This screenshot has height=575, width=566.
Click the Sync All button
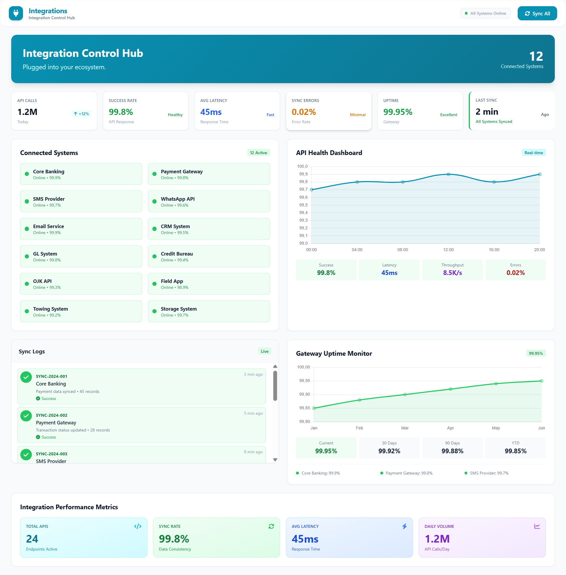537,13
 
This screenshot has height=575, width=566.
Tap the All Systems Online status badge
485,13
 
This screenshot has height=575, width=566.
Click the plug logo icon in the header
16,13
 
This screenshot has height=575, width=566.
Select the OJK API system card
80,284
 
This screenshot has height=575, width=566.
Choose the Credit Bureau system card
209,256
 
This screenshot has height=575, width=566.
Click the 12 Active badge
258,153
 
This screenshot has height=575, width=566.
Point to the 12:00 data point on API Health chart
448,174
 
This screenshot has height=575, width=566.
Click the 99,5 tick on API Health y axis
303,205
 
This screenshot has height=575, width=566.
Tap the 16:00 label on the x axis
494,250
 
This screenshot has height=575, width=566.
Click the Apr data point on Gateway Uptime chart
450,389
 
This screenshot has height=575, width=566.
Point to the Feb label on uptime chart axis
359,428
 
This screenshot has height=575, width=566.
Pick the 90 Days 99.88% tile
452,448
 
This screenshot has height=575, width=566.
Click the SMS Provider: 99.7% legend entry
489,473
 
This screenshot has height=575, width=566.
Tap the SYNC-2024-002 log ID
51,415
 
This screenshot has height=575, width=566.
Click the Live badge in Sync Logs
264,351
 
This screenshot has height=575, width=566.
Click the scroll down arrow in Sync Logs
275,460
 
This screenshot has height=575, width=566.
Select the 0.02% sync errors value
304,112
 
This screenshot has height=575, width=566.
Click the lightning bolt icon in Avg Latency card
404,526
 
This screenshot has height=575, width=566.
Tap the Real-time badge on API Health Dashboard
533,153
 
